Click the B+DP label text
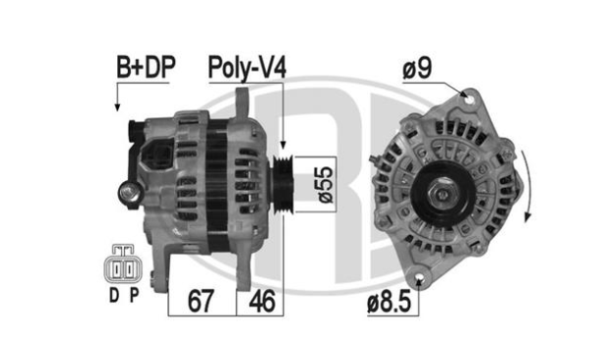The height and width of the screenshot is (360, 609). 146,67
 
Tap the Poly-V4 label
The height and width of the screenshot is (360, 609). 247,68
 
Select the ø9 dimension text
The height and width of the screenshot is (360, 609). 417,68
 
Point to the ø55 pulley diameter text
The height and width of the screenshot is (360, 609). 325,185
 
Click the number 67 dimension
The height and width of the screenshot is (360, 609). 201,301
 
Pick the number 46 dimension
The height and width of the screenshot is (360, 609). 262,301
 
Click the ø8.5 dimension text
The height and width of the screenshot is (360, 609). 389,302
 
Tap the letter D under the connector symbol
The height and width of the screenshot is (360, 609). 114,296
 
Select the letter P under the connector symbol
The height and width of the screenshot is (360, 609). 134,296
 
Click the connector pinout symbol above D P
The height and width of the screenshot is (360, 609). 123,264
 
